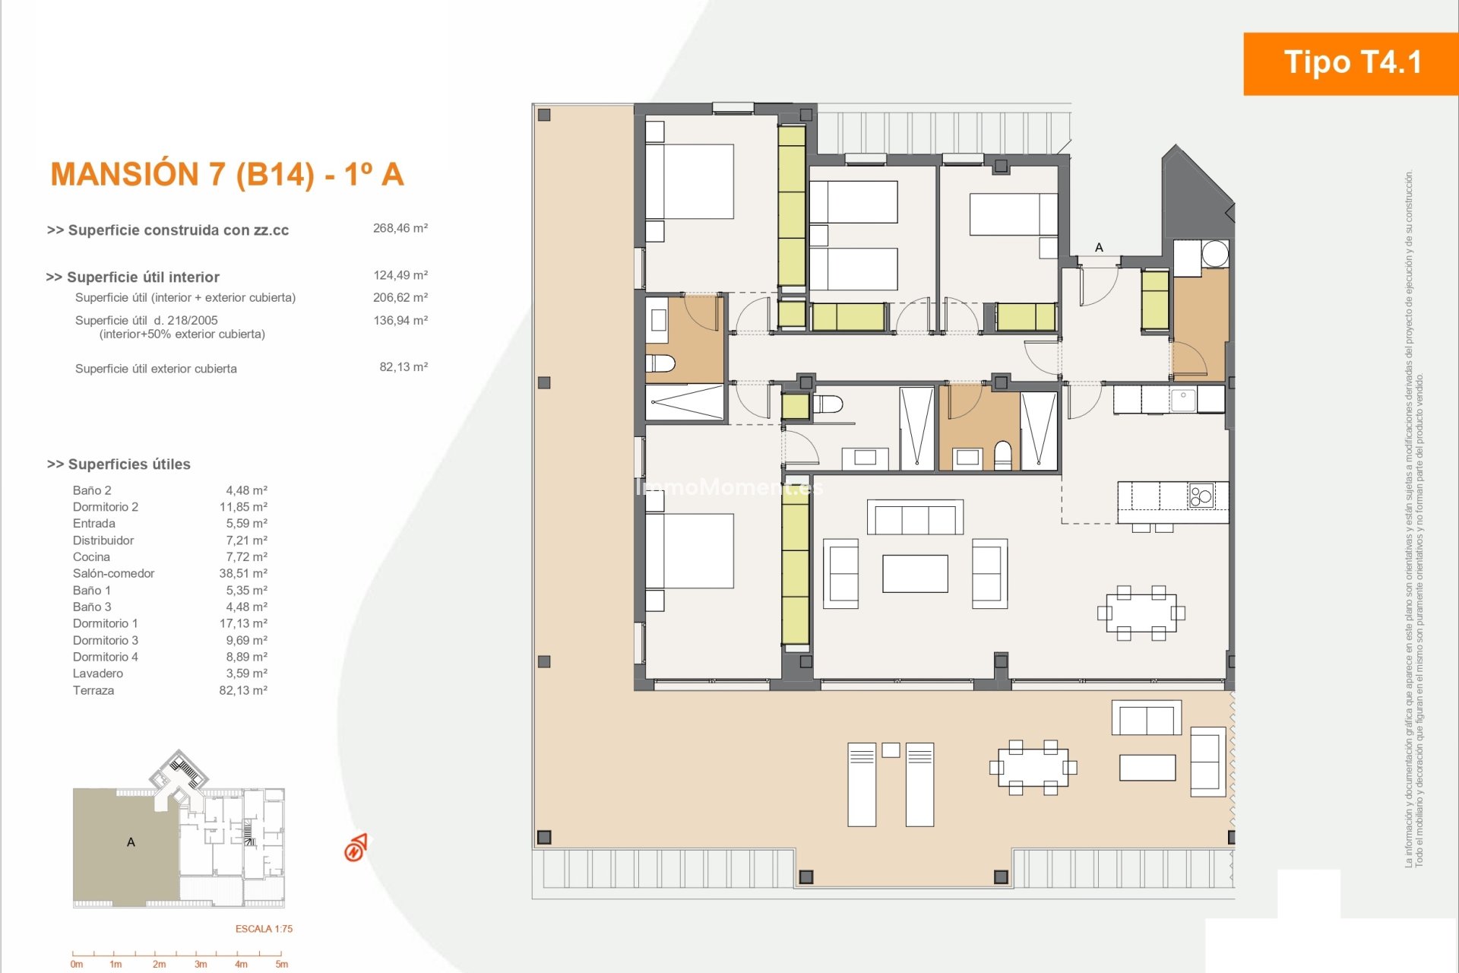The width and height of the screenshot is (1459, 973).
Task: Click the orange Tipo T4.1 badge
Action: coord(1351,63)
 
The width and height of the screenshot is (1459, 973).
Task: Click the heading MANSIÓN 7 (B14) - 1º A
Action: coord(227,174)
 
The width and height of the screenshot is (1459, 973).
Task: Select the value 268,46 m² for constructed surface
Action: coord(400,228)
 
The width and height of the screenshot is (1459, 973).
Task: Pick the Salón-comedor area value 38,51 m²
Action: coord(243,573)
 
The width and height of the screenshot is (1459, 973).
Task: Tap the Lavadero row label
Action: coord(98,673)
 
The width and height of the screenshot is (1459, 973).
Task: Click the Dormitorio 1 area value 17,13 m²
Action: coord(243,623)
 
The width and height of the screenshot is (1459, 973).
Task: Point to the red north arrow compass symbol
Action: coord(355,848)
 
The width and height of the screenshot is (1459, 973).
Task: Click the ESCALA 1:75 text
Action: coord(264,929)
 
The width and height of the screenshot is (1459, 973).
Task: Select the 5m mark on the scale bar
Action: coord(282,965)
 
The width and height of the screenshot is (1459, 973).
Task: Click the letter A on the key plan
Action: coord(131,842)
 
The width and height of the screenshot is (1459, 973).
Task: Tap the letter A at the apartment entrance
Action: coord(1099,247)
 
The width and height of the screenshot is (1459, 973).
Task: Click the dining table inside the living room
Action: coord(1141,613)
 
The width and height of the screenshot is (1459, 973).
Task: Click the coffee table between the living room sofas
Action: coord(915,573)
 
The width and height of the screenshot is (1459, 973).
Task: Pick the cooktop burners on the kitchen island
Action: coord(1201,496)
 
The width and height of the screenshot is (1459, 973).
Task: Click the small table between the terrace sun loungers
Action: coord(891,750)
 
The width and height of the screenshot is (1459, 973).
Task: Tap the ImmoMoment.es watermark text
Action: coord(729,486)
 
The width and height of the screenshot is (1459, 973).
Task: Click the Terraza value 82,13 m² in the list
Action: coord(243,690)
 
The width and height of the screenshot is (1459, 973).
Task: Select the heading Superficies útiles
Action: coord(119,464)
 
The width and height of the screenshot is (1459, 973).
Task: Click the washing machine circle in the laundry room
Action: coord(1215,253)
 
